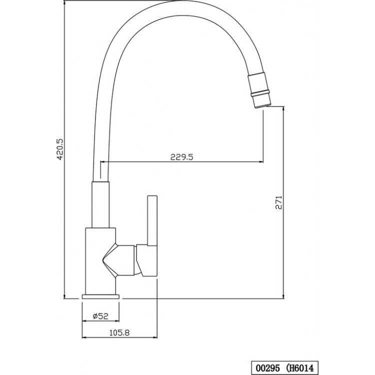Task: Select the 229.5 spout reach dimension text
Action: pos(181,156)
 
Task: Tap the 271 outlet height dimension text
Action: pos(278,202)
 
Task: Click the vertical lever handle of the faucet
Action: pos(152,219)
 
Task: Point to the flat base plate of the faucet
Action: pos(100,296)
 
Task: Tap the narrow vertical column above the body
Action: pos(100,205)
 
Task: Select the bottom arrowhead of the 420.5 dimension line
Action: pos(64,296)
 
